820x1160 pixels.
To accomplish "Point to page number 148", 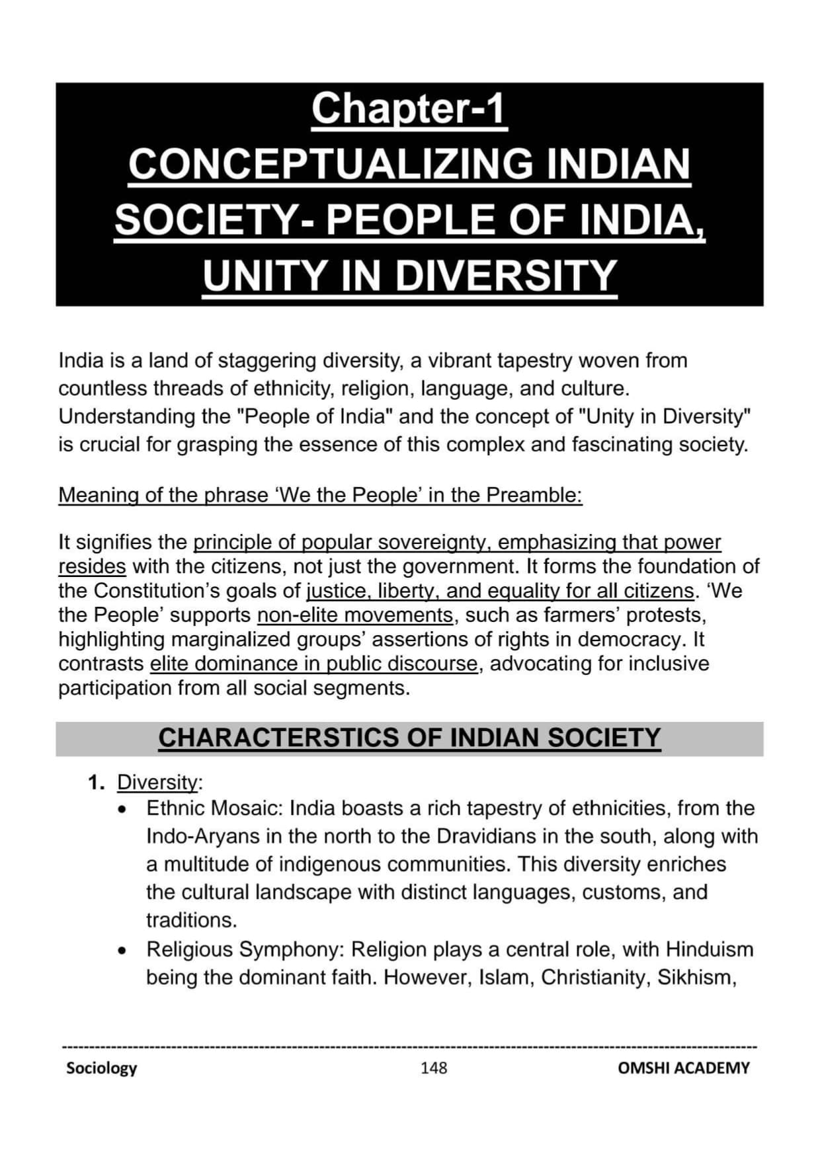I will (434, 1068).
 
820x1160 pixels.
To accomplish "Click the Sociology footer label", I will (101, 1068).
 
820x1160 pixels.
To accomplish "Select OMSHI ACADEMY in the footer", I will (683, 1068).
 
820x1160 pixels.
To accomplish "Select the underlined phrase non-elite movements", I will (354, 615).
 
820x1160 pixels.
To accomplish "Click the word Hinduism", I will (709, 950).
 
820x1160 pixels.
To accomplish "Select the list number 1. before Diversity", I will (96, 783).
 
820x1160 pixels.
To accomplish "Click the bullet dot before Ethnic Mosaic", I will (122, 810).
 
